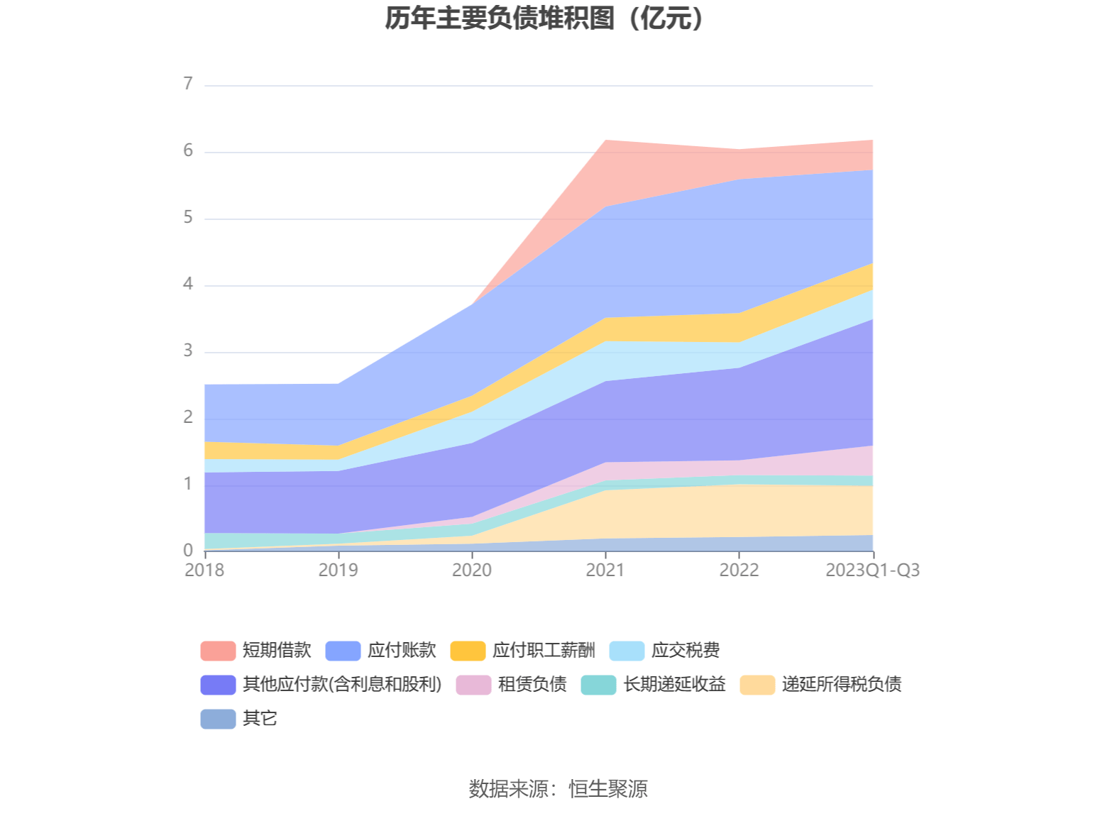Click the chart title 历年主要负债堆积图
pos(544,19)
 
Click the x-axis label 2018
pos(204,570)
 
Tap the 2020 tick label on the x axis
pos(472,570)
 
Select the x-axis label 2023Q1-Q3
pos(872,570)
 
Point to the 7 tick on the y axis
pos(188,84)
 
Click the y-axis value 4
pos(188,284)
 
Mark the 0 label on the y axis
pos(188,550)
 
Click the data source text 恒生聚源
pos(608,788)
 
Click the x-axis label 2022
pos(739,570)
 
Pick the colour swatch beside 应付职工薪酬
pos(468,651)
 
